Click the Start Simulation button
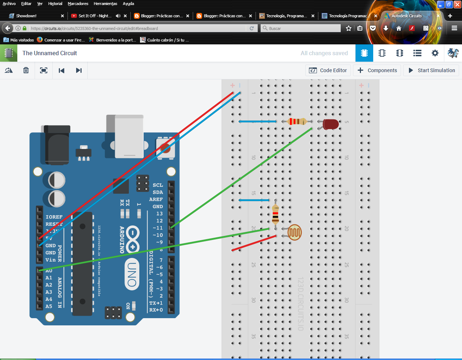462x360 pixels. (x=431, y=70)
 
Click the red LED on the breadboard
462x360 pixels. (x=331, y=124)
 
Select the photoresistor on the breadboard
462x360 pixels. (x=295, y=233)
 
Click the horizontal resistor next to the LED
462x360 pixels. (x=297, y=122)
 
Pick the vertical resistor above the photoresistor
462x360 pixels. (x=275, y=214)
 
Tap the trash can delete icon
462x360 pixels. (x=26, y=70)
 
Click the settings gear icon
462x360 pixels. (x=435, y=53)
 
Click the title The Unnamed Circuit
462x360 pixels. (x=50, y=53)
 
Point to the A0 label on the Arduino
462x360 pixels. (x=49, y=271)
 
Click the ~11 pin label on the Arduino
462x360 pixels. (x=158, y=228)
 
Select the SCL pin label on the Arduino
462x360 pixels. (x=158, y=185)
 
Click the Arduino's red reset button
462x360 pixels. (x=165, y=148)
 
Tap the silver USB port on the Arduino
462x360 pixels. (x=129, y=137)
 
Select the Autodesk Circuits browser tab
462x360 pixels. (x=406, y=16)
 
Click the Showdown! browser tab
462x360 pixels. (x=26, y=16)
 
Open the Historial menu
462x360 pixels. (x=55, y=4)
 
